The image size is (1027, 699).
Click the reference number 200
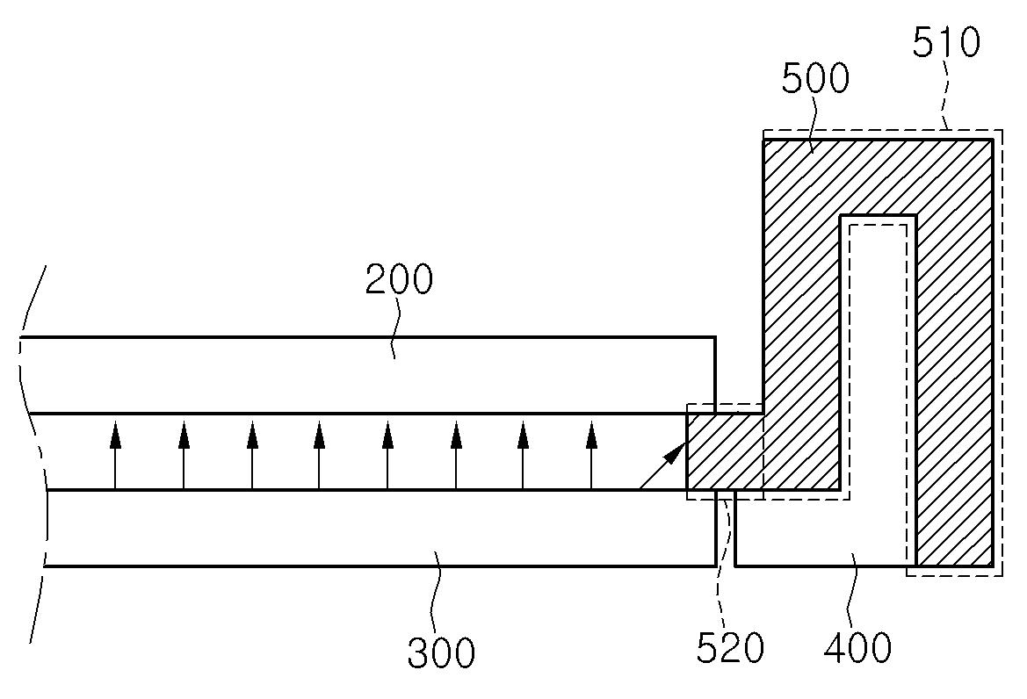pyautogui.click(x=400, y=281)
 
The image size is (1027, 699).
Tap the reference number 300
pyautogui.click(x=441, y=652)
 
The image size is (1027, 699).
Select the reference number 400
pyautogui.click(x=857, y=647)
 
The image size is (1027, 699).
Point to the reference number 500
pyautogui.click(x=815, y=79)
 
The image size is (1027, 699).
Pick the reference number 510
pyautogui.click(x=946, y=41)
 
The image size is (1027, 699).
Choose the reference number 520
pyautogui.click(x=730, y=648)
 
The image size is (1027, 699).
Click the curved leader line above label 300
pyautogui.click(x=437, y=597)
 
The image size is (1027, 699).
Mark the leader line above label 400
pyautogui.click(x=851, y=597)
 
